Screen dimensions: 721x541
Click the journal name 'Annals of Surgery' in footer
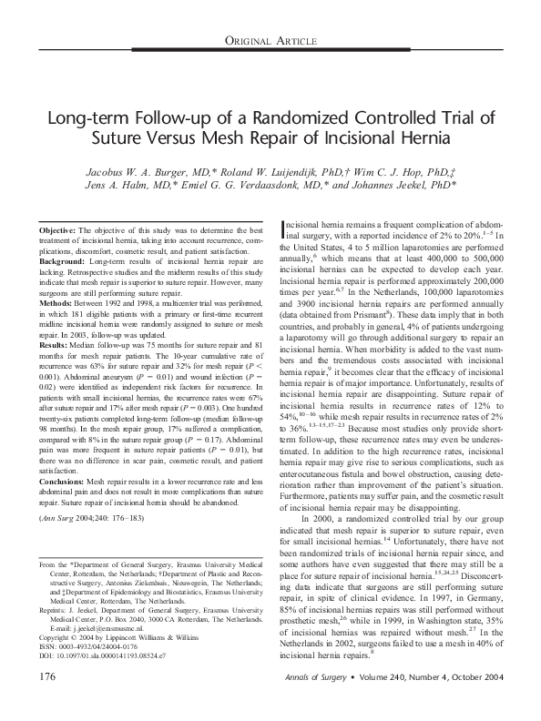315,703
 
